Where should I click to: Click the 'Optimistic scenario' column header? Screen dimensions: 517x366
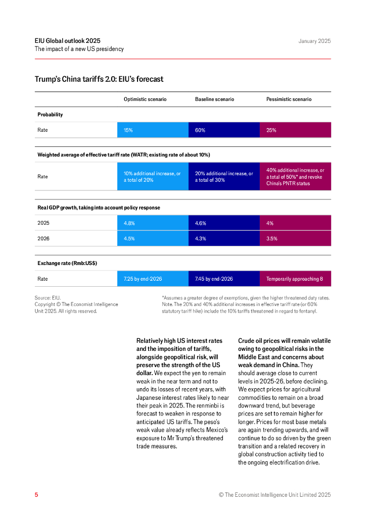[145, 99]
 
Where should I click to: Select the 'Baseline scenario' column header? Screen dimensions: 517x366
[214, 99]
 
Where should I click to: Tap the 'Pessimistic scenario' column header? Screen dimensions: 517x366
[289, 99]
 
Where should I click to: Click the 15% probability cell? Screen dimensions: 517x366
[153, 130]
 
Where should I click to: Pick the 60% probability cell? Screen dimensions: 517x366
[224, 130]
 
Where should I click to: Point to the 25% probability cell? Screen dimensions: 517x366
[295, 130]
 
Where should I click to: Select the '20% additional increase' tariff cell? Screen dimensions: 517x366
[224, 177]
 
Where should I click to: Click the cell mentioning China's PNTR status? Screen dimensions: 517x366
[295, 177]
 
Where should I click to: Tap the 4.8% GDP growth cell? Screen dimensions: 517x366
[153, 223]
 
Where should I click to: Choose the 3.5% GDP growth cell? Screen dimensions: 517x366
[295, 239]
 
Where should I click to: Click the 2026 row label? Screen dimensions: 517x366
[43, 239]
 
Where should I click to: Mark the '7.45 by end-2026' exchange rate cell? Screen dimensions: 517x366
[224, 279]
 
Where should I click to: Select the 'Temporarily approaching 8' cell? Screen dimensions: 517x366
[295, 279]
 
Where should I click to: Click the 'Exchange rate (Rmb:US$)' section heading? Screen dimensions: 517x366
[67, 263]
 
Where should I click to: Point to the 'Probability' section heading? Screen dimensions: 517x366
[50, 115]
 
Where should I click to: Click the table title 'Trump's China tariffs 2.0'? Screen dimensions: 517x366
[99, 79]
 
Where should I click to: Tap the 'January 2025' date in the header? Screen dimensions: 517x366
[314, 41]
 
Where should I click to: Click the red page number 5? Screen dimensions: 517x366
[36, 495]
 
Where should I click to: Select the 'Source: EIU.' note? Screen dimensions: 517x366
[48, 298]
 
